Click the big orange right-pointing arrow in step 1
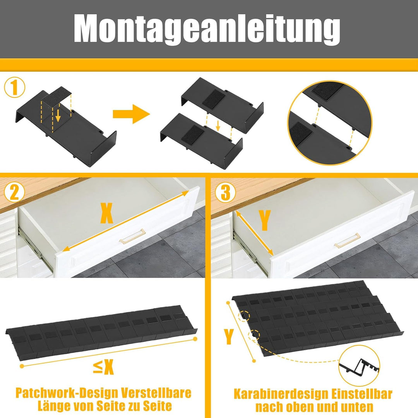pos(131,113)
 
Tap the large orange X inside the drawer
pos(107,214)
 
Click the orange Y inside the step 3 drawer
pos(264,221)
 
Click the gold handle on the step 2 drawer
pos(133,236)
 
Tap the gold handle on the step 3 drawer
pos(346,240)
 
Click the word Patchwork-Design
pos(67,393)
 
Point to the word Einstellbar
pos(362,394)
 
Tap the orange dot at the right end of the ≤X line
pos(195,339)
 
